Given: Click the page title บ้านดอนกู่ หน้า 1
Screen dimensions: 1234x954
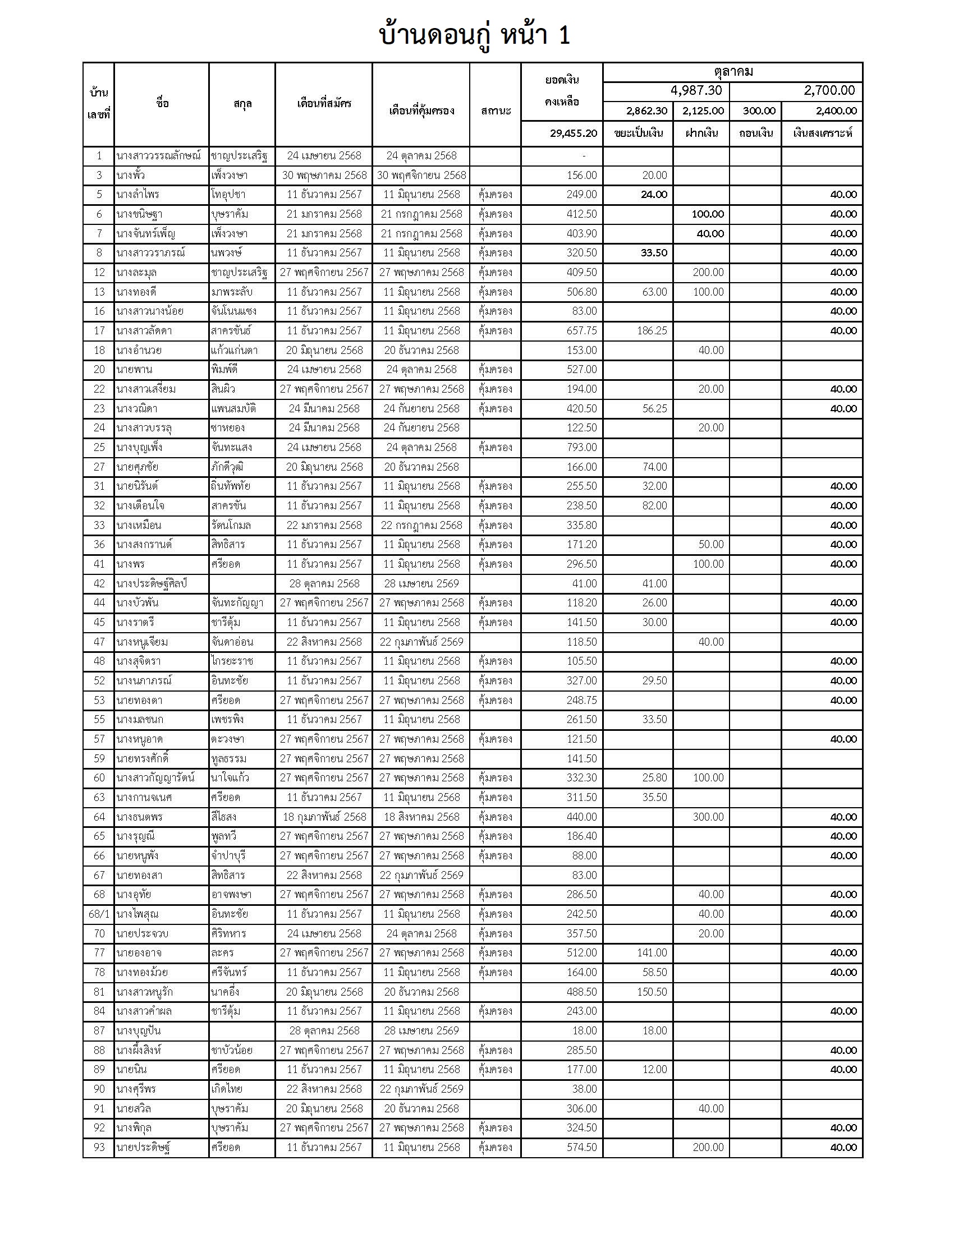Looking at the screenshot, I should point(475,35).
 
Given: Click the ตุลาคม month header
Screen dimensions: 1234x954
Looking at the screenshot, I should point(733,72).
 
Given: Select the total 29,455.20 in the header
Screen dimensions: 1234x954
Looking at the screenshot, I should point(573,133).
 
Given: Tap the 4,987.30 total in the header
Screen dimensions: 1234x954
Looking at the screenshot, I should point(696,90).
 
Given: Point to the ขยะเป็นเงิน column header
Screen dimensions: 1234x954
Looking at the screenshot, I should point(638,133).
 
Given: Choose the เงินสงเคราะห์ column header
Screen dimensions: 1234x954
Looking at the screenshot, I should point(822,133).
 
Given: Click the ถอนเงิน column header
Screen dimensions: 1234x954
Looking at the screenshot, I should point(756,133).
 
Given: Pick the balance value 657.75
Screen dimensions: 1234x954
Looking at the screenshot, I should point(581,330).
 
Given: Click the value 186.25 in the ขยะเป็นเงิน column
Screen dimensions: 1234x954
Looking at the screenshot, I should point(652,330).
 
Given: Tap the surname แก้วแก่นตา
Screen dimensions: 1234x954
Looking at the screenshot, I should point(234,351).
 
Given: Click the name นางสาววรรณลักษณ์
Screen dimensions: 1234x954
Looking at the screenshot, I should point(158,156).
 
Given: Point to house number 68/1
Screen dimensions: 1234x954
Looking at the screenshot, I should point(99,914).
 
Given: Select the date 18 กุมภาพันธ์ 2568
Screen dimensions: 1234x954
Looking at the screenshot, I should point(324,817).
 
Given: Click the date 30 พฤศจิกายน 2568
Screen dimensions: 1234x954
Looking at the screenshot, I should point(421,175).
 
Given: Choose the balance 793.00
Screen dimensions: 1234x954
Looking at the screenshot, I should point(581,448).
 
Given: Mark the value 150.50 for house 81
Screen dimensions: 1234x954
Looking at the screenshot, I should point(652,992).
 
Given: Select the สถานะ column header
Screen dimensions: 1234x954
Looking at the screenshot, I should point(495,110).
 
